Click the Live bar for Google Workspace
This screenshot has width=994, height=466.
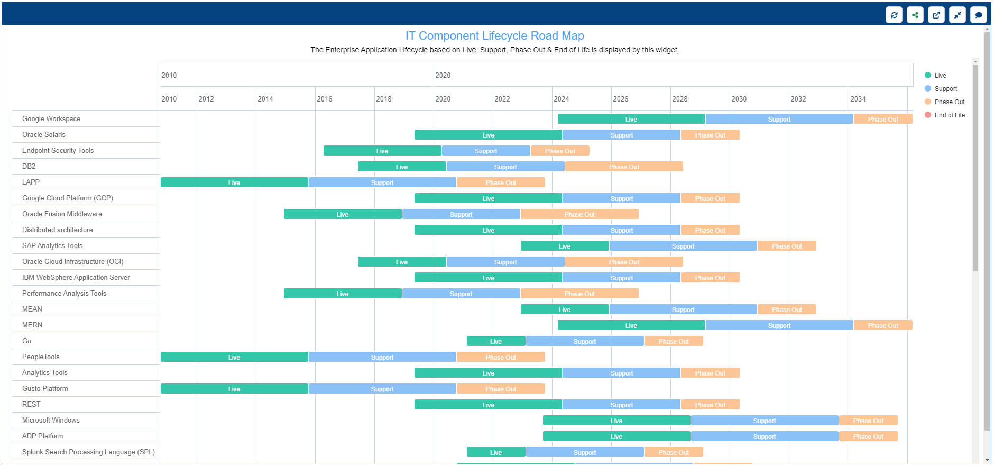tap(631, 119)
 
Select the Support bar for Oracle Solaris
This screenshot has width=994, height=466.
tap(621, 135)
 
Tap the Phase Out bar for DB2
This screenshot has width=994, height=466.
tap(624, 167)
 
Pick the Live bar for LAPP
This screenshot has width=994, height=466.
tap(234, 182)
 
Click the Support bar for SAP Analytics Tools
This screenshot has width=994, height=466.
tap(683, 246)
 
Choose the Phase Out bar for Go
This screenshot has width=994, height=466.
tap(674, 341)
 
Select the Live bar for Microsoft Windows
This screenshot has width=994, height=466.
tap(616, 421)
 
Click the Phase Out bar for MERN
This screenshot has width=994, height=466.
tap(883, 325)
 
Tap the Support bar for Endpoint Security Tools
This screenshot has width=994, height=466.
tap(486, 151)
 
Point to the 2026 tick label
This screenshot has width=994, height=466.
tap(621, 99)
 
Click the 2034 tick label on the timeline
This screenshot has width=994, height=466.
tap(858, 99)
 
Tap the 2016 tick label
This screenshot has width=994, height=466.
tap(325, 99)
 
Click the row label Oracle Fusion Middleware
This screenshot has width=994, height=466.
tap(62, 214)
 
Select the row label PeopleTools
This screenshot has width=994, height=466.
tap(41, 357)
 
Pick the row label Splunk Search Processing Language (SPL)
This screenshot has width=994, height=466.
tap(88, 452)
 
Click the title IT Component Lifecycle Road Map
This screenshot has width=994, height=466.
tap(495, 35)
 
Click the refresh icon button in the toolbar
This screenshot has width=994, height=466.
tap(894, 15)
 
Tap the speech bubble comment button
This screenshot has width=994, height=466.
tap(979, 15)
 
